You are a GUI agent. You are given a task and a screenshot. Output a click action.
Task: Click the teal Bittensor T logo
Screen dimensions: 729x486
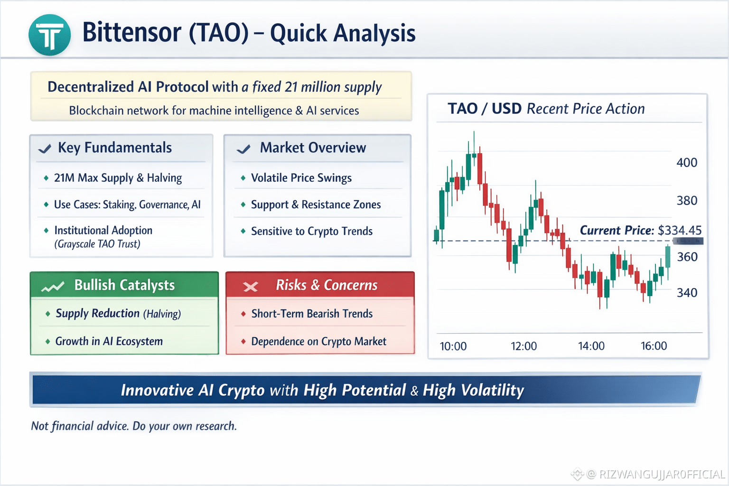(49, 35)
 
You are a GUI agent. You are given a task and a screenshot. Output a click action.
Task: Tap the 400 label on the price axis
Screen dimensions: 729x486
(687, 162)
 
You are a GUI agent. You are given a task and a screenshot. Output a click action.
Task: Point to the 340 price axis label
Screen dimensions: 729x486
(687, 293)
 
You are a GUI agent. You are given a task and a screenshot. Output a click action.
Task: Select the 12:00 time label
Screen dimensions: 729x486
(523, 346)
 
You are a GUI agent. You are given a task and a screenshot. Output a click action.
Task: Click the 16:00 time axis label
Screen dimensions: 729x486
(654, 346)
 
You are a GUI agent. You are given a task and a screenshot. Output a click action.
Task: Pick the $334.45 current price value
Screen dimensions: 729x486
(680, 231)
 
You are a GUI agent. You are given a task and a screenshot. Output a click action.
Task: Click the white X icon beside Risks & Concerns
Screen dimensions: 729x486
(250, 287)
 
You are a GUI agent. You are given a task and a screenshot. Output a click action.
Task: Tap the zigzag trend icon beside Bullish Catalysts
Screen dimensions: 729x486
(52, 287)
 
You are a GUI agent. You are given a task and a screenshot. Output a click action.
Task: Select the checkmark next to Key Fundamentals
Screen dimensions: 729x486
(45, 149)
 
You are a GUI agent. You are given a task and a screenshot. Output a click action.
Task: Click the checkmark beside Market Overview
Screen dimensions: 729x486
(243, 149)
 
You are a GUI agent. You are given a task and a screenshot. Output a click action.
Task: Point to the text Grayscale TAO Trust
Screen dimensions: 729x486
(97, 244)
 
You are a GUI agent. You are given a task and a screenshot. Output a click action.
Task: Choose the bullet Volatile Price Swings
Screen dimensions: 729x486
(301, 178)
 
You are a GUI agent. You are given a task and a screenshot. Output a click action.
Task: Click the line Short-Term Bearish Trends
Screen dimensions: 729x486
(312, 313)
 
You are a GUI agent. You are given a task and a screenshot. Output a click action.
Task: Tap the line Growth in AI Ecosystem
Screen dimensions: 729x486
(109, 341)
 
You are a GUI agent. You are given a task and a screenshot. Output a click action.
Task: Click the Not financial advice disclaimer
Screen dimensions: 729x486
(134, 426)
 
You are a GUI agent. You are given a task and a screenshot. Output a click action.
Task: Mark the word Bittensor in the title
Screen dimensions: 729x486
(132, 33)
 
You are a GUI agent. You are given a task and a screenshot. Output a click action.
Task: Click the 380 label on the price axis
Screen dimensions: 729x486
(687, 200)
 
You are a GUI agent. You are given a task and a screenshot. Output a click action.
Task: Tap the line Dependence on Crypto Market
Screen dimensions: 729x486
(318, 341)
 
